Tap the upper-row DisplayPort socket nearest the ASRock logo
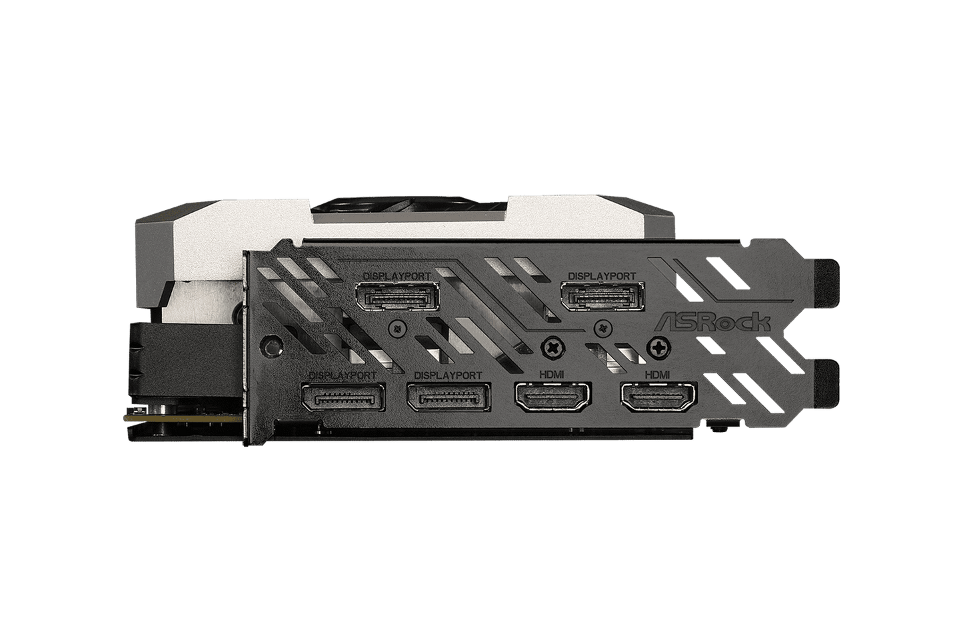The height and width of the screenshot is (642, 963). (602, 296)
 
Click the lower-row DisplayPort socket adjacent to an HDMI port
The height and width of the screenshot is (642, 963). (449, 397)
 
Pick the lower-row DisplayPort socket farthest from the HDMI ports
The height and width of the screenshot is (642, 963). (343, 397)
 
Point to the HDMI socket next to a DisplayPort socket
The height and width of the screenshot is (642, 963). (553, 397)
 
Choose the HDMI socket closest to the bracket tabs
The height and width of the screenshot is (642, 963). (658, 397)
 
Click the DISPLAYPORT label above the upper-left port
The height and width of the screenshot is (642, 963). (397, 275)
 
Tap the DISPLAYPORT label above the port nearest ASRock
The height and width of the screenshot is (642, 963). (602, 275)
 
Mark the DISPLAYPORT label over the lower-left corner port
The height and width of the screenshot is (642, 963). (343, 375)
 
